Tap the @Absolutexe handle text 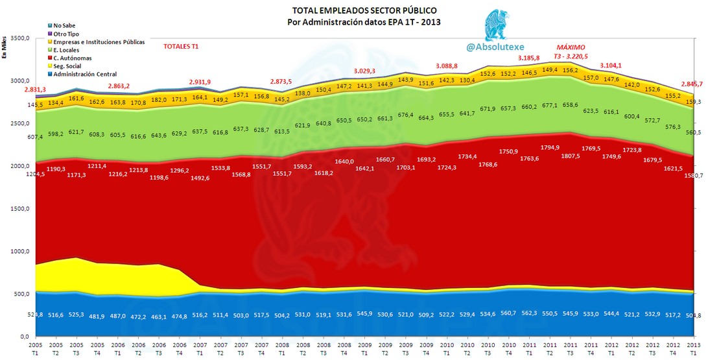[x=491, y=47]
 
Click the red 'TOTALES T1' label [x=181, y=47]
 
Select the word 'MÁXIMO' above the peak [x=571, y=47]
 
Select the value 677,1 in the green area [x=550, y=104]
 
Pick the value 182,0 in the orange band [x=158, y=100]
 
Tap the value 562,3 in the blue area [x=529, y=313]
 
